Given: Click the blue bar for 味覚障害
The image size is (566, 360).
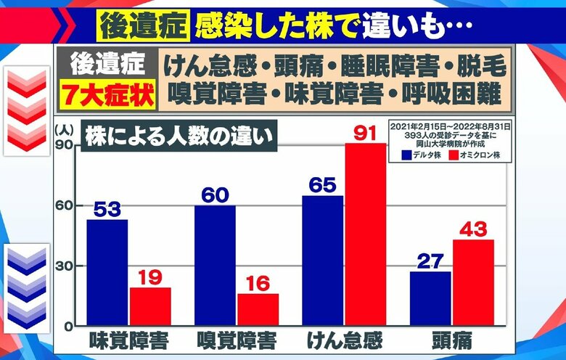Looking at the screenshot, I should (107, 272).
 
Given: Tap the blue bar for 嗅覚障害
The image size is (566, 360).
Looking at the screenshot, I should (215, 265).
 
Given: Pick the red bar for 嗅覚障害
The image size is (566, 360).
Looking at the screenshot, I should (258, 309).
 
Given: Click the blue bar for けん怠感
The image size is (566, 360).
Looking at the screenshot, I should (322, 260).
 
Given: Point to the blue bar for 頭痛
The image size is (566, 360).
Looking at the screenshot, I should (430, 298).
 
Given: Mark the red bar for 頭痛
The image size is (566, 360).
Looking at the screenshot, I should (473, 282).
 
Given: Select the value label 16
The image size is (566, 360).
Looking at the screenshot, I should (258, 282).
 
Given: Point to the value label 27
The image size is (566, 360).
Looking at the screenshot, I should (431, 261).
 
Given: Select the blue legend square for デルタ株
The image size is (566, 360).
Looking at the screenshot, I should (406, 155).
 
